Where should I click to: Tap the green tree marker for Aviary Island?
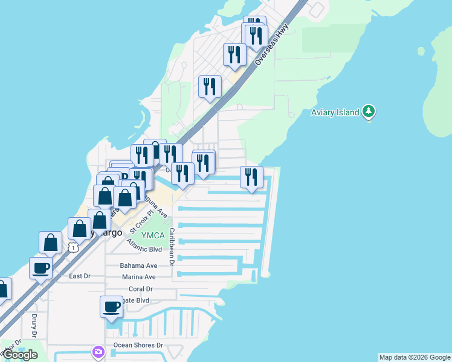[x=369, y=112]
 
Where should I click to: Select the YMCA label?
[x=152, y=235]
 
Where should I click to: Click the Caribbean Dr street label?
[x=172, y=246]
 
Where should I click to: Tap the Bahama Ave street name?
[x=138, y=265]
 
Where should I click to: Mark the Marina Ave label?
[x=138, y=277]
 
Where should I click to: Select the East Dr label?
[x=79, y=276]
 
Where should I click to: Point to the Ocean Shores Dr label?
[x=138, y=346]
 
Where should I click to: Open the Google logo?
[x=20, y=355]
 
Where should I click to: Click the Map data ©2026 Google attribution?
[x=415, y=357]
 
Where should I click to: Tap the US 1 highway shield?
[x=73, y=247]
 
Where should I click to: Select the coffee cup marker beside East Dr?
[x=41, y=268]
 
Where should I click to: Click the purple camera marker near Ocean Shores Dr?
[x=98, y=351]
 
